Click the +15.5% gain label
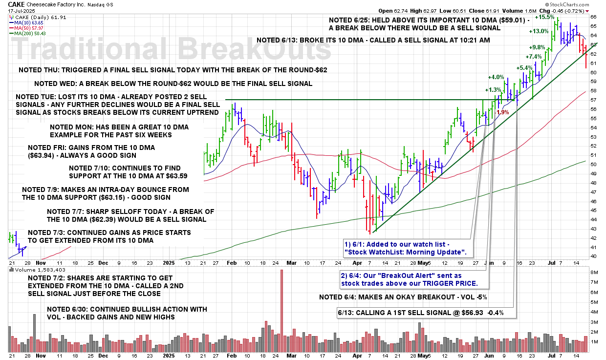[544, 17]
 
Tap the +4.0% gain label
[496, 77]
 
